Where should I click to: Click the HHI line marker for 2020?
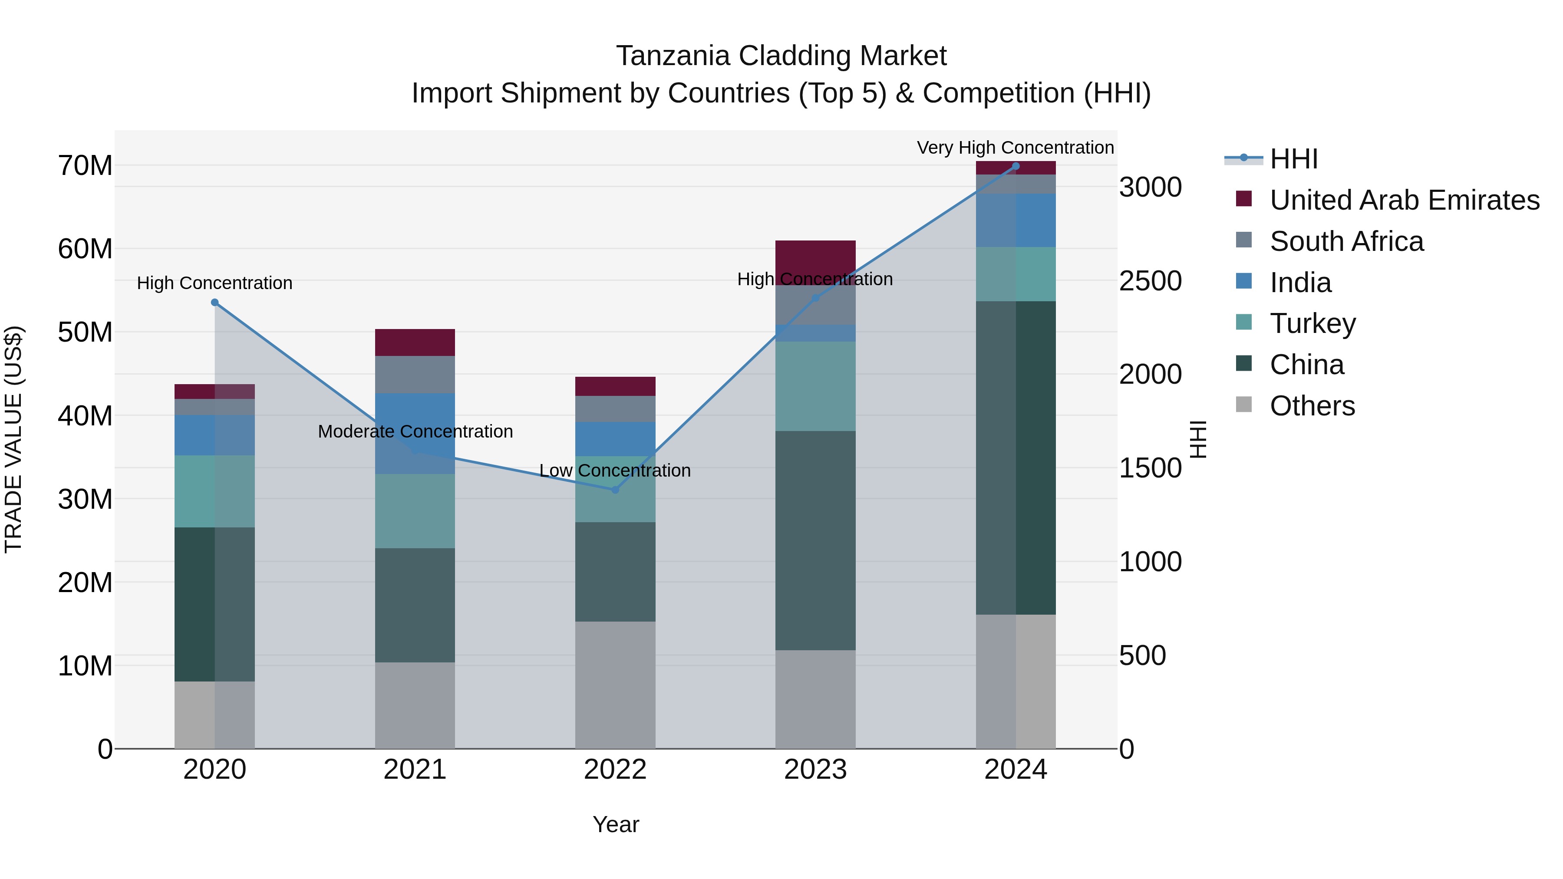pyautogui.click(x=215, y=302)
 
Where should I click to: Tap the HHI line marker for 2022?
pyautogui.click(x=615, y=490)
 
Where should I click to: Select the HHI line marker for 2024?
pyautogui.click(x=1016, y=166)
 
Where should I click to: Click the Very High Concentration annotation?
pyautogui.click(x=1015, y=148)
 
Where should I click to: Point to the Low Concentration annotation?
pyautogui.click(x=615, y=470)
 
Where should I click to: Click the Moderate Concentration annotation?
pyautogui.click(x=415, y=431)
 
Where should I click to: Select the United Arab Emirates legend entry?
pyautogui.click(x=1404, y=200)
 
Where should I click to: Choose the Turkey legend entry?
pyautogui.click(x=1312, y=323)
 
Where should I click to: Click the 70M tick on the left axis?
pyautogui.click(x=85, y=166)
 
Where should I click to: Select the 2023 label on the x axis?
pyautogui.click(x=815, y=770)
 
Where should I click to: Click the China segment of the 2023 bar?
pyautogui.click(x=815, y=540)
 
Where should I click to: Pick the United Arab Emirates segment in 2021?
pyautogui.click(x=415, y=342)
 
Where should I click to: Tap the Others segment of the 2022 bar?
pyautogui.click(x=615, y=684)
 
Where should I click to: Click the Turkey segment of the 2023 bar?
pyautogui.click(x=815, y=386)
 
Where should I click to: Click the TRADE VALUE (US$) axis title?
pyautogui.click(x=13, y=439)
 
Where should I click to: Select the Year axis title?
pyautogui.click(x=615, y=824)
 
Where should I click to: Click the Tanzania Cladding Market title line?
pyautogui.click(x=781, y=56)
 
